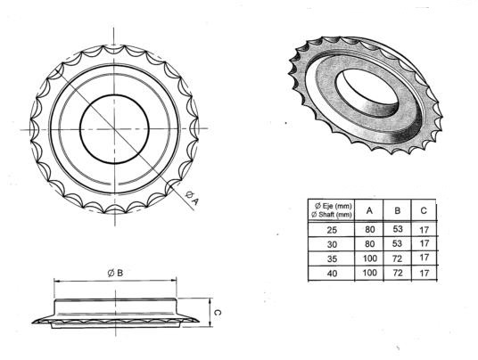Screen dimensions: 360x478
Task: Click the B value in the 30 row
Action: [397, 242]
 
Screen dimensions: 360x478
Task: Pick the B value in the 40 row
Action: [397, 273]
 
